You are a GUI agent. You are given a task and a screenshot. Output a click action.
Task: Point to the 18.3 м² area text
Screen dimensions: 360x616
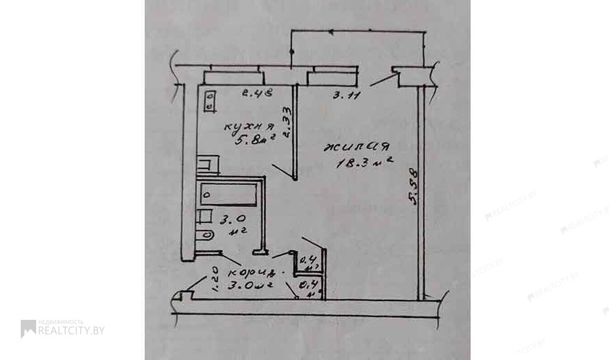coord(364,163)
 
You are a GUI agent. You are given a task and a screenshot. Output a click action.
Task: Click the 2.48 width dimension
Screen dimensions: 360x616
coord(256,92)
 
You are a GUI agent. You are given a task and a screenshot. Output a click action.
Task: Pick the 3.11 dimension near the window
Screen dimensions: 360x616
coord(345,96)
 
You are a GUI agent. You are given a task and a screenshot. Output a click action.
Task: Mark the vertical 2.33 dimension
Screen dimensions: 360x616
coord(286,121)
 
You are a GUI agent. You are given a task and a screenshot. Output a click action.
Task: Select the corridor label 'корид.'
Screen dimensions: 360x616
coord(251,270)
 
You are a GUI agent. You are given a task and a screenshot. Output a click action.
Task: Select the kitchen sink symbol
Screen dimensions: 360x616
coord(208,165)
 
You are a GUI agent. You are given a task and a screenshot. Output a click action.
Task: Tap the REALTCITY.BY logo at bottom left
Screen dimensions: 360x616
coord(62,328)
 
